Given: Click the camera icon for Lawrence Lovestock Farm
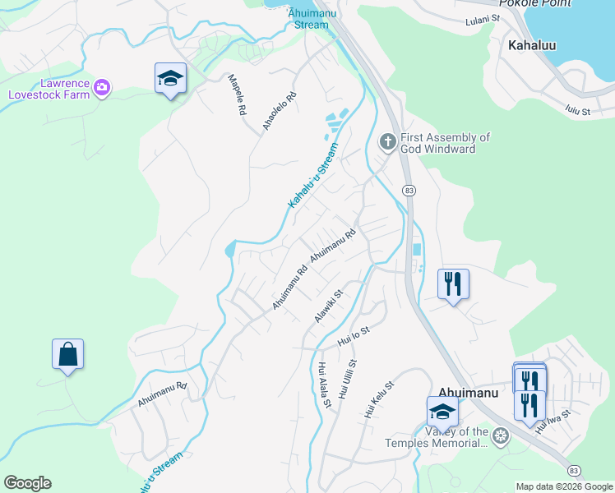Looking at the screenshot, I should pos(102,87).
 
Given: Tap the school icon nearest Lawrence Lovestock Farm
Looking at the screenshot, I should pos(171,79).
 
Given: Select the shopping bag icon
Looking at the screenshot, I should pos(67,355).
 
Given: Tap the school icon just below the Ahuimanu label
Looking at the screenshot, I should pos(442,412).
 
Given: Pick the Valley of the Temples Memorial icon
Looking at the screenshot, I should pos(499,437).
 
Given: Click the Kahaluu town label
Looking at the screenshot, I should pos(532,45).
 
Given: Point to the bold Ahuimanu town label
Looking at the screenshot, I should pos(467,392).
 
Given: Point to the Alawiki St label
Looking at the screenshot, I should pos(328,305).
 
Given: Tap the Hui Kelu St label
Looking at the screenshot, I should pos(380,400).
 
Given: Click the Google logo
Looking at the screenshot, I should pos(27,483).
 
